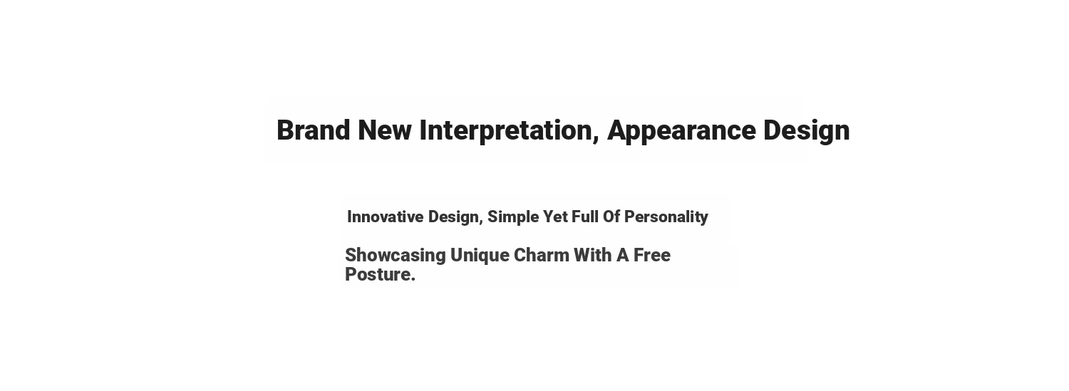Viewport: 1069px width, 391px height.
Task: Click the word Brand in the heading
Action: pyautogui.click(x=313, y=130)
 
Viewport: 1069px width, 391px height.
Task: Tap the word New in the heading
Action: pyautogui.click(x=385, y=130)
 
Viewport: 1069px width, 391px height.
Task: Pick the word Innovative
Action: pyautogui.click(x=385, y=217)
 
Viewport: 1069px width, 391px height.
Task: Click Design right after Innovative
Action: pyautogui.click(x=453, y=218)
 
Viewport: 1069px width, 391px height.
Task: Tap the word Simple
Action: pyautogui.click(x=513, y=218)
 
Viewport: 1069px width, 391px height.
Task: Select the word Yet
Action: pyautogui.click(x=555, y=217)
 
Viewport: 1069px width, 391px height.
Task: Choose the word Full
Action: pyautogui.click(x=585, y=217)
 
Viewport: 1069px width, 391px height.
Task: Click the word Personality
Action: pyautogui.click(x=666, y=218)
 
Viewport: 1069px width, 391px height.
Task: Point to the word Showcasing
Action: pyautogui.click(x=395, y=256)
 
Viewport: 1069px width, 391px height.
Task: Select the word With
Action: pyautogui.click(x=592, y=255)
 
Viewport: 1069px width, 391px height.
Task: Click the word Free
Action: pyautogui.click(x=652, y=255)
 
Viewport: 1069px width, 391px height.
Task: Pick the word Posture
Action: pyautogui.click(x=378, y=274)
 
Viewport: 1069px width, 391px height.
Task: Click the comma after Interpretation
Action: pyautogui.click(x=596, y=139)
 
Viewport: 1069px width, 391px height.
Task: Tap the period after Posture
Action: pyautogui.click(x=413, y=280)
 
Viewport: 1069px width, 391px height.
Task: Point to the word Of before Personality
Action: pyautogui.click(x=611, y=217)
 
